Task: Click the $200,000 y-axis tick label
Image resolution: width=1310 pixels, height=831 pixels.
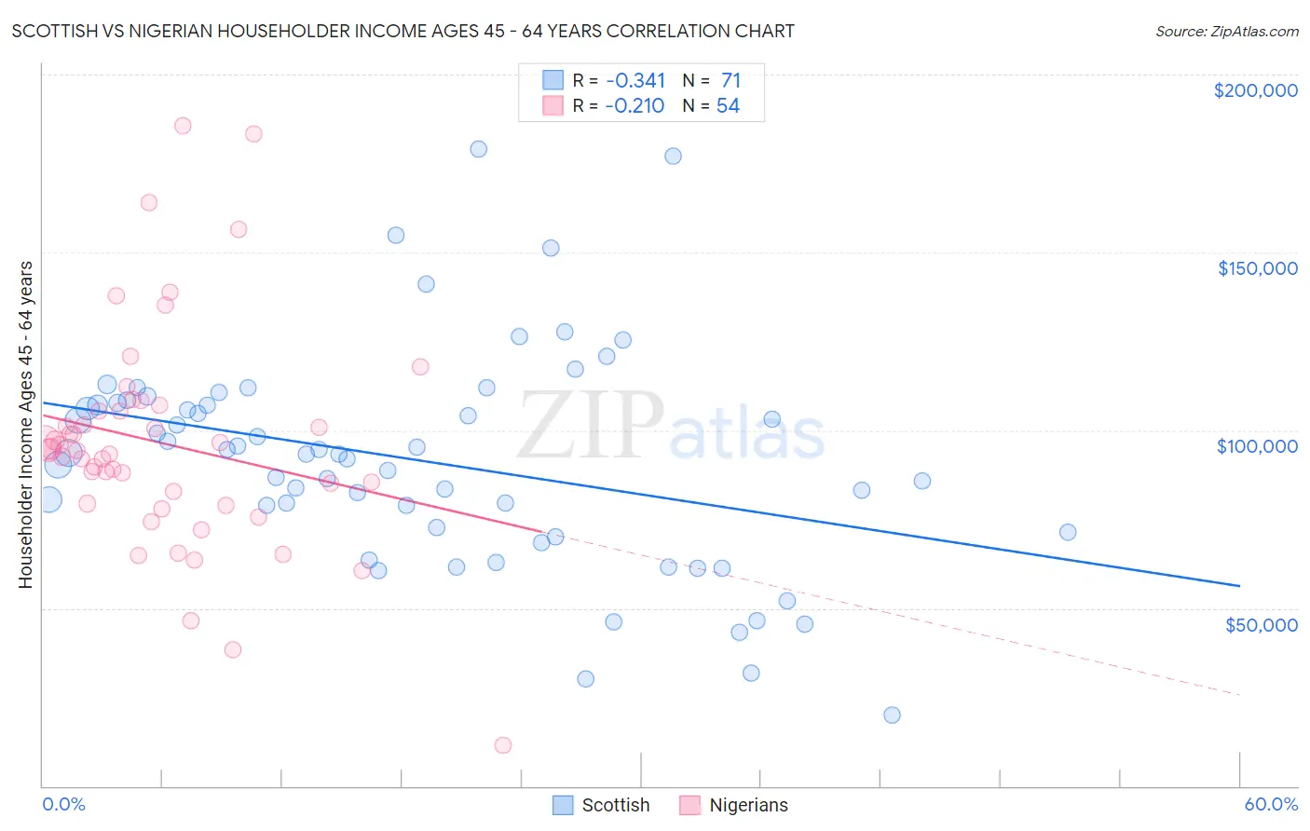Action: (x=1255, y=90)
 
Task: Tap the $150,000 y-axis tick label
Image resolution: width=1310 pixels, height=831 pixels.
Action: (x=1257, y=268)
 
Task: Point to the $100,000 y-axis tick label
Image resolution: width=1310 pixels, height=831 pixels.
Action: (x=1257, y=446)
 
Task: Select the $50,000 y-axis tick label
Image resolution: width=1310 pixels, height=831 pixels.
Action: (x=1261, y=624)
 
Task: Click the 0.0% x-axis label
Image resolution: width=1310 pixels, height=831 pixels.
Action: (x=63, y=804)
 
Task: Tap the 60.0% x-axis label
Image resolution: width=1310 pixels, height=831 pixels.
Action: (x=1271, y=804)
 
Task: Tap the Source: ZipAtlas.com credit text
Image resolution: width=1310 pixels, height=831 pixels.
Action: (x=1226, y=32)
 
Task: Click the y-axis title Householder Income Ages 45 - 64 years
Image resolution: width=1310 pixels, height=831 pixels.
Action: (x=25, y=425)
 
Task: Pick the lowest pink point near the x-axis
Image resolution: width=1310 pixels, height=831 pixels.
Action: (x=503, y=745)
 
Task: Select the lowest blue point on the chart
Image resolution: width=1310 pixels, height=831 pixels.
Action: (x=892, y=715)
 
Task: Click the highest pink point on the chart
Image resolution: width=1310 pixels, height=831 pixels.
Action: (x=183, y=126)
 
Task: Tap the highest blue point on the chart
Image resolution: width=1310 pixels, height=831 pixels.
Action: (x=478, y=149)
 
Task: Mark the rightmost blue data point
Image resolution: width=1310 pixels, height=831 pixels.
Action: (x=1068, y=532)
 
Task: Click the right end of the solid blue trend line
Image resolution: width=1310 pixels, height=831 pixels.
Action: (x=1239, y=586)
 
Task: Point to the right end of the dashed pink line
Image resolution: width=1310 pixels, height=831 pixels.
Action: (x=1239, y=695)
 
